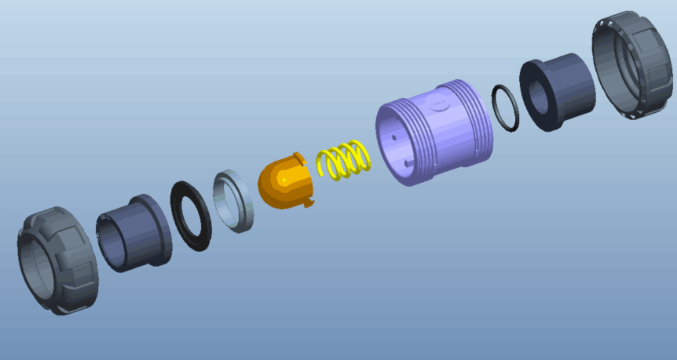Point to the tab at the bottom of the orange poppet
tap(309, 202)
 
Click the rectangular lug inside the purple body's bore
tap(405, 163)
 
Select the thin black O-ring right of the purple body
tap(505, 108)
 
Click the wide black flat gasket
tap(191, 216)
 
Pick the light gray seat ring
tap(234, 201)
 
